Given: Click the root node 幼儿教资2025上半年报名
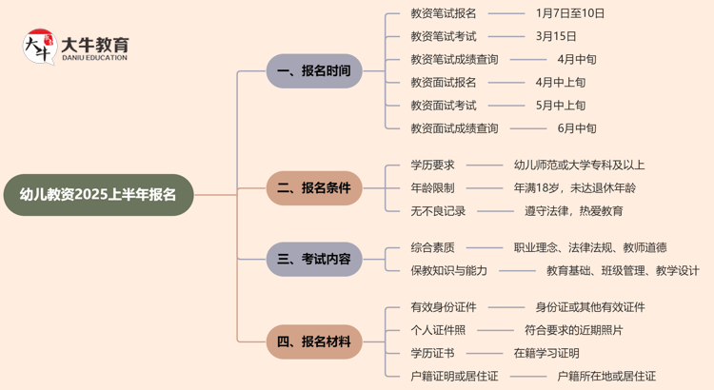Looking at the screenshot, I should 98,196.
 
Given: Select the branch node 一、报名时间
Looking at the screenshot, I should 313,71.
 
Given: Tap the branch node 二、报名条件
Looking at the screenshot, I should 313,188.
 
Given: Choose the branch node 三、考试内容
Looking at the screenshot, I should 313,259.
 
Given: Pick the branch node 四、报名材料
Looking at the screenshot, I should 313,341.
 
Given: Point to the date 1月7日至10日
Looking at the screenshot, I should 570,14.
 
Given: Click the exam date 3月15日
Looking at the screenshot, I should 556,37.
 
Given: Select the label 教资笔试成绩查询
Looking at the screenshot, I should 454,60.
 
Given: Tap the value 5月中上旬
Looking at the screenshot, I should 561,106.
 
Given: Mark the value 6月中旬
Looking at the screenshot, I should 577,128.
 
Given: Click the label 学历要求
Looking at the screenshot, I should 432,166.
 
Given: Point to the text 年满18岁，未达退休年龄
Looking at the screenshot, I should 575,188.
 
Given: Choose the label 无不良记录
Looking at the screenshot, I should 438,211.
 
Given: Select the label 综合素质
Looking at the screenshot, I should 432,247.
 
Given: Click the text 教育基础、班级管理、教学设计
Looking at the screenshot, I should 623,271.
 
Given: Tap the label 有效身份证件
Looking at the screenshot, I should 444,307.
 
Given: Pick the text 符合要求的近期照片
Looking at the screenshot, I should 574,330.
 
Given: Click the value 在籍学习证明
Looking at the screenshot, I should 546,354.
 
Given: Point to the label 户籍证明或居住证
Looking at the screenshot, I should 454,377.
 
